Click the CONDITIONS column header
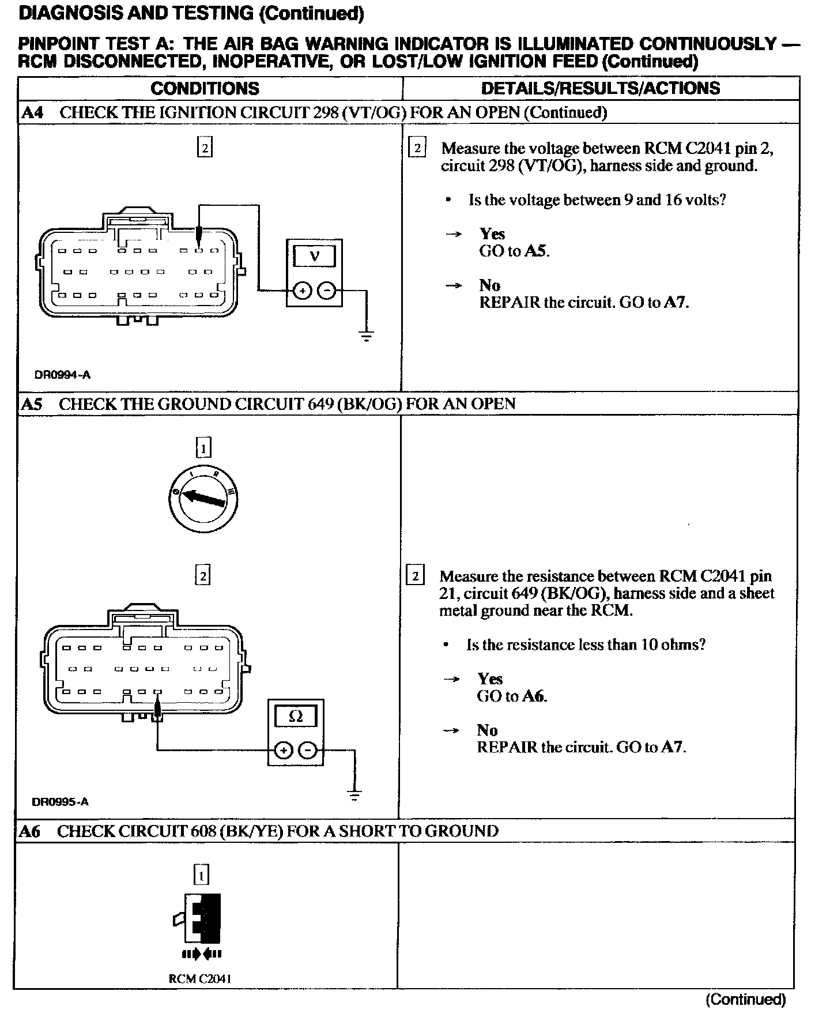coord(205,88)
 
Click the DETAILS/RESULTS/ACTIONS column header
coord(600,88)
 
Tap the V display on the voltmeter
coord(314,256)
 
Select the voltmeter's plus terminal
coord(303,291)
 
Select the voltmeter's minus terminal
coord(327,291)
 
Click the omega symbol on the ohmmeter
coord(295,717)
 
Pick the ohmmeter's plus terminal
coord(283,751)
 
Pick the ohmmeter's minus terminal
coord(308,751)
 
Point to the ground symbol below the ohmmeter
coord(354,795)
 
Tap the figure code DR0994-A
coord(62,375)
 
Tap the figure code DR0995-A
coord(61,802)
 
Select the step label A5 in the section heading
coord(32,404)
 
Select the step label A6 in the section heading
coord(31,831)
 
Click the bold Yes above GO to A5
coord(492,233)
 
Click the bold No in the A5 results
coord(487,730)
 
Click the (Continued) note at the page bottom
coord(745,999)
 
